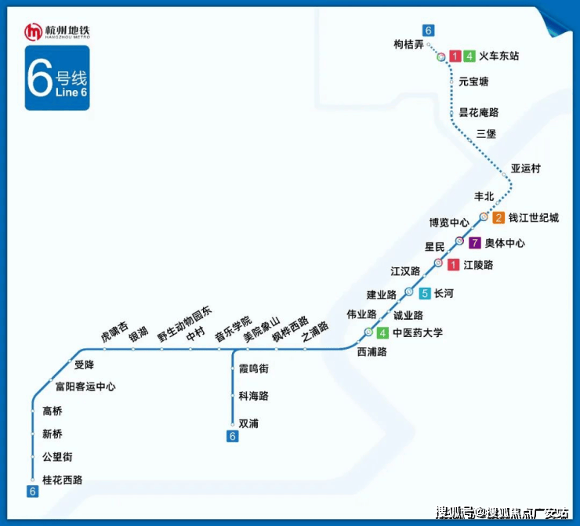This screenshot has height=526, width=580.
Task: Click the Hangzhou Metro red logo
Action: (33, 32)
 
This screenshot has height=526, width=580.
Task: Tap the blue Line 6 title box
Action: (57, 78)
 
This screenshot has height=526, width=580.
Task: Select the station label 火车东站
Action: (498, 56)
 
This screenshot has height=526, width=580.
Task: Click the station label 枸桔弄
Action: (408, 45)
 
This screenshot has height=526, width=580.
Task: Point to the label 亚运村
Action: (526, 169)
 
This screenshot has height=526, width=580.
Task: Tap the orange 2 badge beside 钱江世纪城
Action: (498, 218)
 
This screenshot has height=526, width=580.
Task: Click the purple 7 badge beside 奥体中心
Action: (474, 243)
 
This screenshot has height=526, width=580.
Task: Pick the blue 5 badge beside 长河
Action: (424, 294)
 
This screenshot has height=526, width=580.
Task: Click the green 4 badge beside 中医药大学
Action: (382, 333)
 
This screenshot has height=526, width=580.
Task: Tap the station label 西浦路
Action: (372, 352)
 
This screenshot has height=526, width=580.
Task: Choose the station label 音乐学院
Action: (233, 323)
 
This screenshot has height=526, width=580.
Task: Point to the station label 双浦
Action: (248, 423)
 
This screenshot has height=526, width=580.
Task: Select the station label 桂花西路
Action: (63, 480)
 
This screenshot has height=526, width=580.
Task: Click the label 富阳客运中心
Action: (85, 386)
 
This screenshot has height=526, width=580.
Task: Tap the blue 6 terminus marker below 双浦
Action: (232, 437)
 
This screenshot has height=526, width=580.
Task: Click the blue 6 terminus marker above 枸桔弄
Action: (428, 31)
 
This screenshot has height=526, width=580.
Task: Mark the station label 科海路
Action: (253, 396)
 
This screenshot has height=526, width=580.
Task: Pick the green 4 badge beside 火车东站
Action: (469, 56)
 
